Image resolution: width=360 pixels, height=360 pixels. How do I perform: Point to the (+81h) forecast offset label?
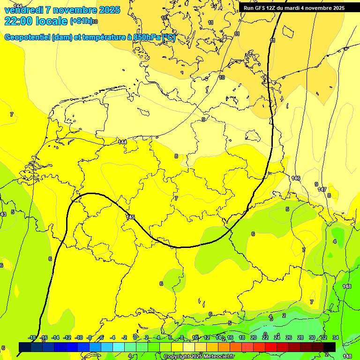tap(81, 21)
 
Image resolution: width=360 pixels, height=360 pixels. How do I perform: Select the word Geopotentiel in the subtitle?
tap(27, 38)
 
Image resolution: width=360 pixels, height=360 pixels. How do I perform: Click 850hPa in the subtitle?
tap(147, 38)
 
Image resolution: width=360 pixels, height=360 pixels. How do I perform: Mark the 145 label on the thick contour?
tap(130, 217)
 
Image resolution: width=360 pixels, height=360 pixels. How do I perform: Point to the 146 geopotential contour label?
tap(295, 178)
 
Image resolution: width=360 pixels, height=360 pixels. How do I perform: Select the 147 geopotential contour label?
tap(322, 189)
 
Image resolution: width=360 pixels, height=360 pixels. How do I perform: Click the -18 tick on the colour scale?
tap(32, 337)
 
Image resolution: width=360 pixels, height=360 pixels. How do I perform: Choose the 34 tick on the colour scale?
tap(335, 337)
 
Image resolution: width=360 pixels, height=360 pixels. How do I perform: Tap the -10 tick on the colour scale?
tap(79, 337)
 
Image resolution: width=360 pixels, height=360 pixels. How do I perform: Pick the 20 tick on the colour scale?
tap(254, 337)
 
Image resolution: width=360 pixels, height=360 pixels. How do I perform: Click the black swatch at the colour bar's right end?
tap(330, 347)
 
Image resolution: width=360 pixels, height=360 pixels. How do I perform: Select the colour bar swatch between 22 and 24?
tap(271, 347)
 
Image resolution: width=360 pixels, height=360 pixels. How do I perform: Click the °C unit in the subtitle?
tap(168, 38)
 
